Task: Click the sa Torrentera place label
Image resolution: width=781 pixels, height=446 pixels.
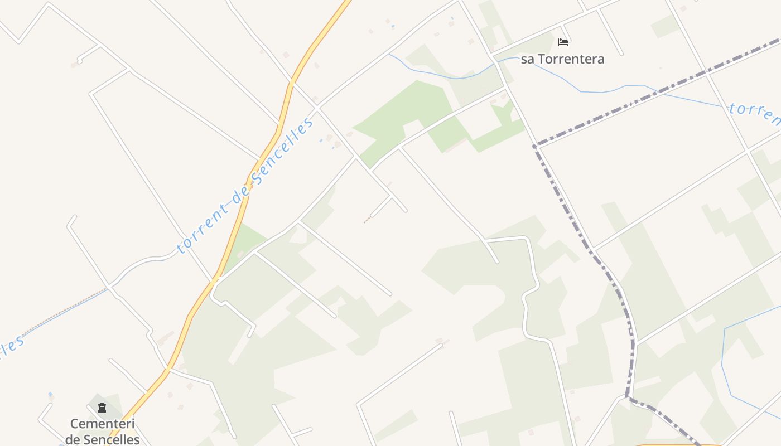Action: tap(562, 59)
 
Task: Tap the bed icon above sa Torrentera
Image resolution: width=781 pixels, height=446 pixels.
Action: tap(563, 42)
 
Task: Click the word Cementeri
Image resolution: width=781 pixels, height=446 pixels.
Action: tap(103, 424)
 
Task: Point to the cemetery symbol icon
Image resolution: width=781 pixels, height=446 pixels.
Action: tap(102, 408)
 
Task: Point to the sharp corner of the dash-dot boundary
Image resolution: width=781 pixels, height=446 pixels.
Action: tap(534, 146)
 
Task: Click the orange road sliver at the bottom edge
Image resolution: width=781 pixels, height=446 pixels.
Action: tap(664, 444)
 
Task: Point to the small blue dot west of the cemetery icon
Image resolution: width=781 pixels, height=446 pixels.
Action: tap(50, 395)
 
